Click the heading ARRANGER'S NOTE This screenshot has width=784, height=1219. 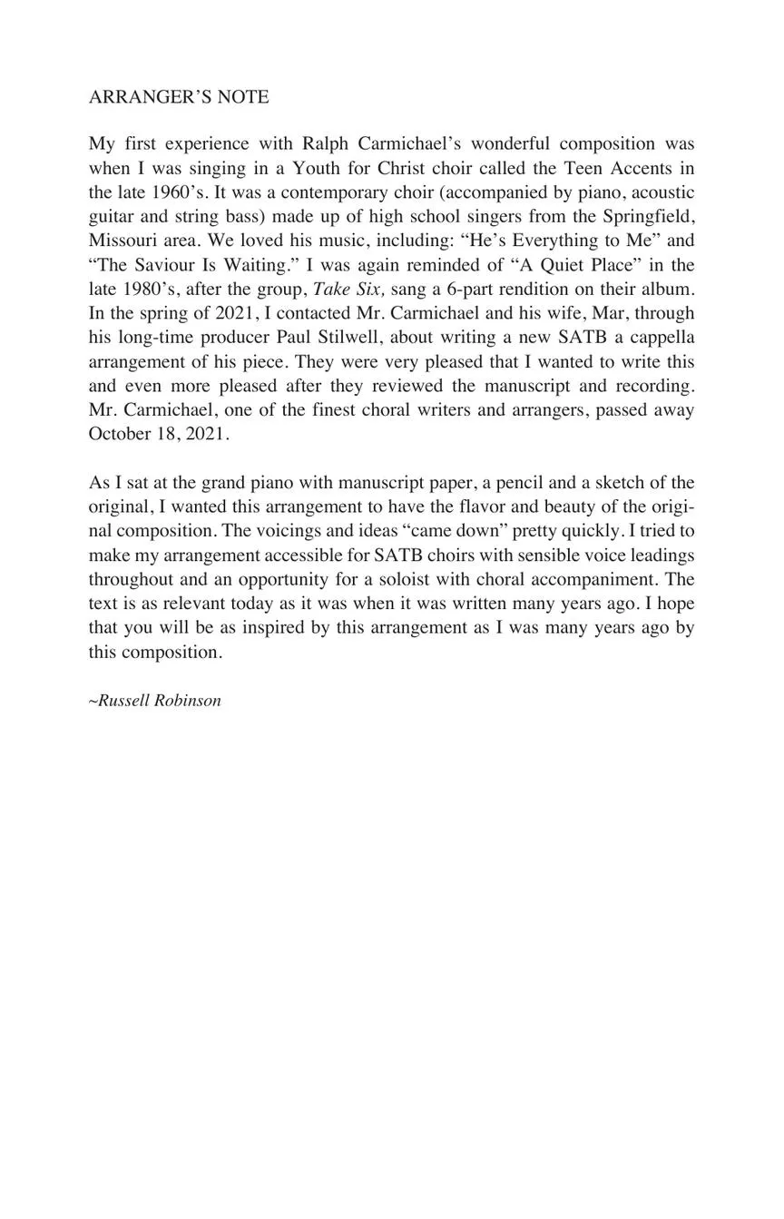(179, 97)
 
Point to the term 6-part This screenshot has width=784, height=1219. (461, 290)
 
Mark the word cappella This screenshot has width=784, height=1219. (659, 338)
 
